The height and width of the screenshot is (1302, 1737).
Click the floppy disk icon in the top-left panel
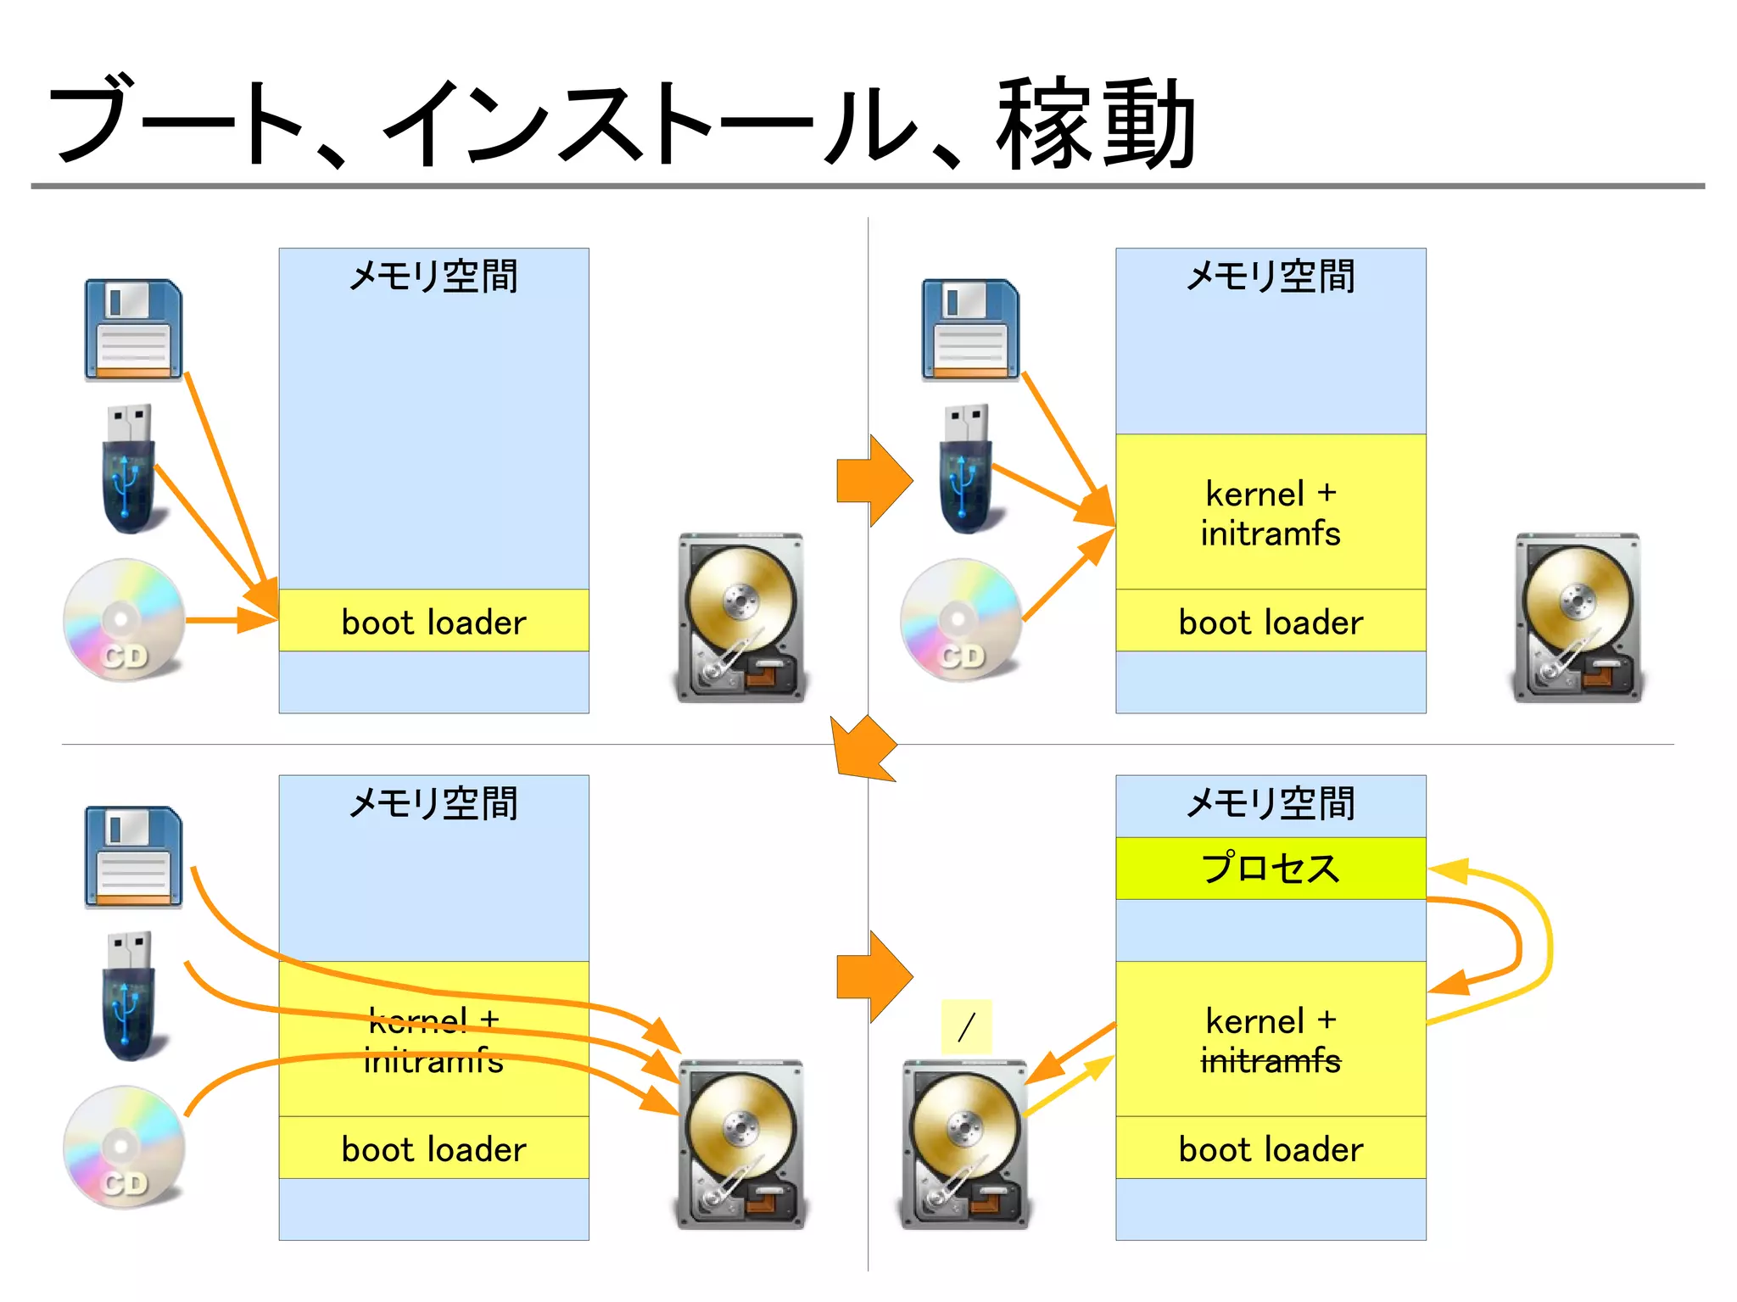[133, 329]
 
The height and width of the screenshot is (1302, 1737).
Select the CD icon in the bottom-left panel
[125, 1147]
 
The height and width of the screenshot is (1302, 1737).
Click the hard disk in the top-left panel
[740, 617]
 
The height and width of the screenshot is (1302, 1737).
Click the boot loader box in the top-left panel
[433, 621]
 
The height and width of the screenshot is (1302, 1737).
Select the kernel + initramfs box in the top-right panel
[1270, 512]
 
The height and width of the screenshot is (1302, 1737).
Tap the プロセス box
[1270, 869]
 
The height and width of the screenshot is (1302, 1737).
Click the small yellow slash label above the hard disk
[966, 1027]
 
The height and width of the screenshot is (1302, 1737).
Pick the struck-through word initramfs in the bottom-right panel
[1270, 1061]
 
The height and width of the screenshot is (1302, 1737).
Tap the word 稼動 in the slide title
[1095, 123]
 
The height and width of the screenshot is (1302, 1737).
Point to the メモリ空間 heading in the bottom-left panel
[433, 802]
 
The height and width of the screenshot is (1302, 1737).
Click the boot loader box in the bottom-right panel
[1270, 1148]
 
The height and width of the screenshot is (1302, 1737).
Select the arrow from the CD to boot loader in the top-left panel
[229, 620]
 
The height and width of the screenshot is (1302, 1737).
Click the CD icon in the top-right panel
[962, 619]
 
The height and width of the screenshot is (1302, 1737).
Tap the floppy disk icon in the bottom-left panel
[133, 857]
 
